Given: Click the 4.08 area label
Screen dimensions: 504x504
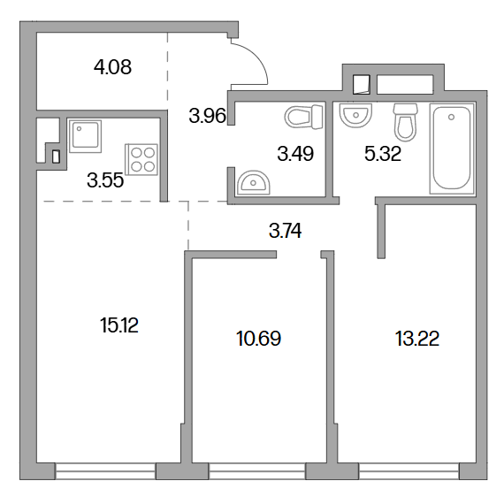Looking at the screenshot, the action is tap(112, 67).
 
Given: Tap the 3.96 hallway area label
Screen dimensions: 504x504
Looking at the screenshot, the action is tap(207, 116).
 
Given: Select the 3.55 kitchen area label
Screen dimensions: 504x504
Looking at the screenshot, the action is tap(105, 180).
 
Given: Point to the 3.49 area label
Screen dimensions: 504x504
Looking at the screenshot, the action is tap(295, 154).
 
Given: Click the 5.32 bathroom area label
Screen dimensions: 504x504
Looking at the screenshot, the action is tap(383, 154).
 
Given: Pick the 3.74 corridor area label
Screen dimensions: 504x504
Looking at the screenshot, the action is tap(285, 231).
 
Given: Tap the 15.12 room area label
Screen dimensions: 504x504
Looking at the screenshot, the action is tap(119, 325).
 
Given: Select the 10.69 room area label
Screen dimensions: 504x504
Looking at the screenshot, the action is tap(258, 339).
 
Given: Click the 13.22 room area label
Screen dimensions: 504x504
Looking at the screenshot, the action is tap(416, 339).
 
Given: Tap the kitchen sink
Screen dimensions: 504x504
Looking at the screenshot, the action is tap(85, 136).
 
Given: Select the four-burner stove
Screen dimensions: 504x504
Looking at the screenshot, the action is tap(141, 159).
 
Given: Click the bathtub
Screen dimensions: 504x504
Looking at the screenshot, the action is tap(452, 149).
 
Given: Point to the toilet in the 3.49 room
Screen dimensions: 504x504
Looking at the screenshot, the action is tap(303, 117).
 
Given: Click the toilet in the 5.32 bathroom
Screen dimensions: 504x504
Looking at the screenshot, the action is tap(405, 122).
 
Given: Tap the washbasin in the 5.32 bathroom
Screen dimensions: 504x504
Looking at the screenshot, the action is tap(355, 115).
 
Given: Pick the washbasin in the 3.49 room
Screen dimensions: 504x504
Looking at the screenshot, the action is tap(253, 182).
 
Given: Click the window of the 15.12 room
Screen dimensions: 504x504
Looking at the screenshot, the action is tap(105, 471).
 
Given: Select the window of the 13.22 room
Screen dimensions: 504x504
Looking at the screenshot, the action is tap(409, 471).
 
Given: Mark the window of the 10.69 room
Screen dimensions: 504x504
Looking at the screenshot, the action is tap(257, 471).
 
